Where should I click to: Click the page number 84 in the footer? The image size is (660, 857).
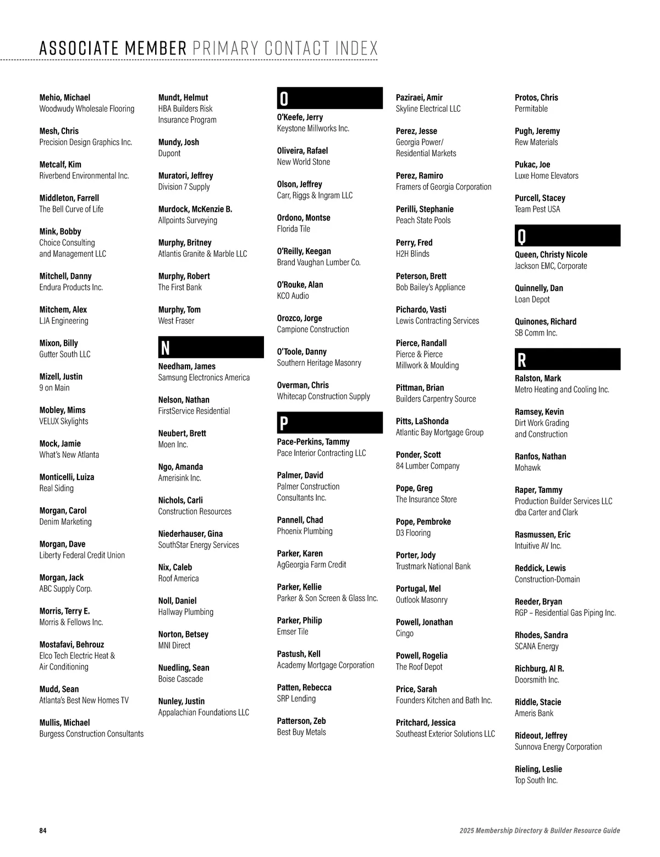point(43,831)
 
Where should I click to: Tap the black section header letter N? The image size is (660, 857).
point(165,348)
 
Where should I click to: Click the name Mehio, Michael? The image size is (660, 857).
point(65,97)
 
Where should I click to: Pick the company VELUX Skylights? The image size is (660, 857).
point(64,421)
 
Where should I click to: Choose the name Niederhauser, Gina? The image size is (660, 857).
point(190,534)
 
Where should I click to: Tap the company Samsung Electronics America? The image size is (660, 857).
point(204,377)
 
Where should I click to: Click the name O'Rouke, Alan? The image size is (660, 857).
point(300,284)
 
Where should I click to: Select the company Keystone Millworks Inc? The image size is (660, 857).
point(313,128)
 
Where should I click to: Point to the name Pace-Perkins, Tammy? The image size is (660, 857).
point(313,442)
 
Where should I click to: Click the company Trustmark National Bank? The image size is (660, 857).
point(433,566)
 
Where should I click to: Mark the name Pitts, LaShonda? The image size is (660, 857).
point(422,421)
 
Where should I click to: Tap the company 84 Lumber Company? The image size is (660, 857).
point(427,466)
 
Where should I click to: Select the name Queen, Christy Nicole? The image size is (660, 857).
point(551,255)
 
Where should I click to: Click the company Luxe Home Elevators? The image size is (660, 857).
point(546,175)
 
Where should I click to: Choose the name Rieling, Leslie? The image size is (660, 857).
point(538,769)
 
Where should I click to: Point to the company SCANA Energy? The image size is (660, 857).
point(536,646)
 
